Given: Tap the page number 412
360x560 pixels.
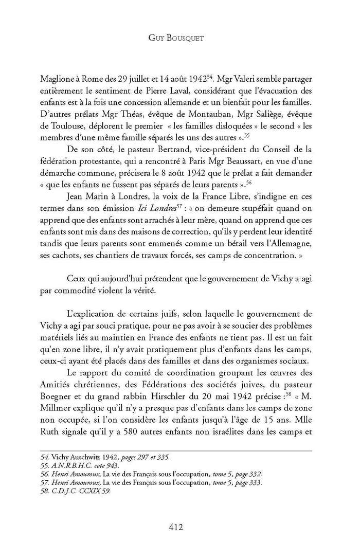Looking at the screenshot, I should tap(180, 526).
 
